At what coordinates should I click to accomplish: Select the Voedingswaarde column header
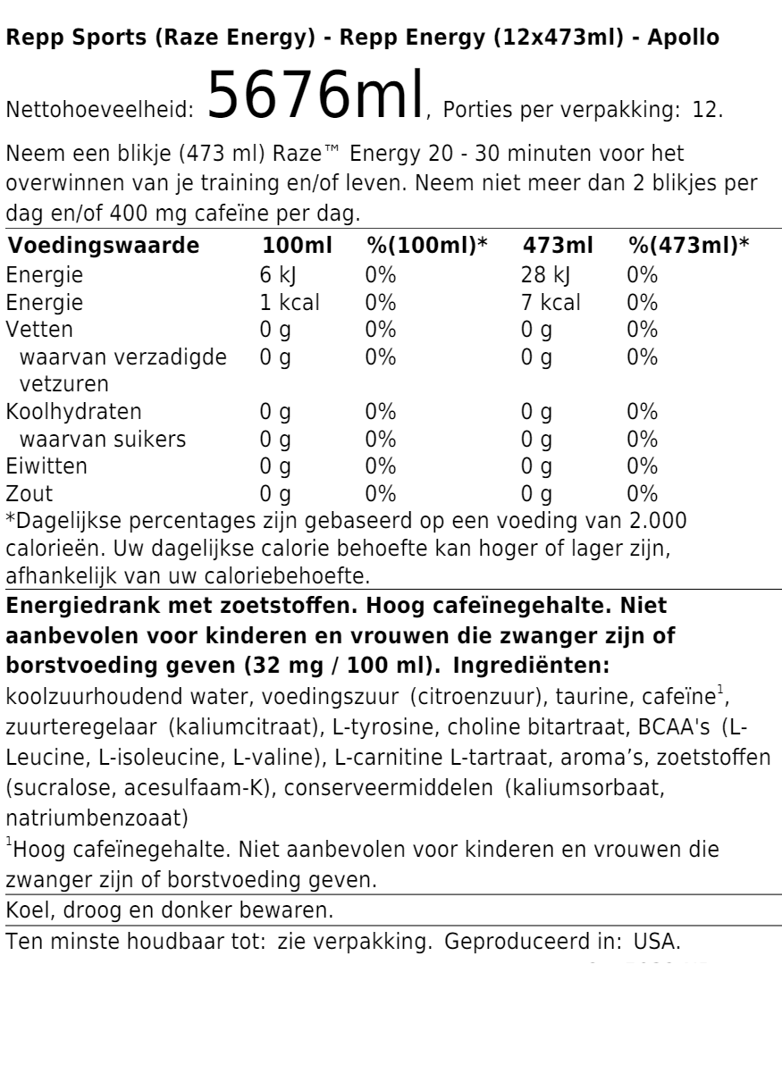[103, 246]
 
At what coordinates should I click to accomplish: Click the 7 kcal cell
[551, 302]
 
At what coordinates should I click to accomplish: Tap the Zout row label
[29, 493]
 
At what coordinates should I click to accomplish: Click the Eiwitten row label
[46, 466]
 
